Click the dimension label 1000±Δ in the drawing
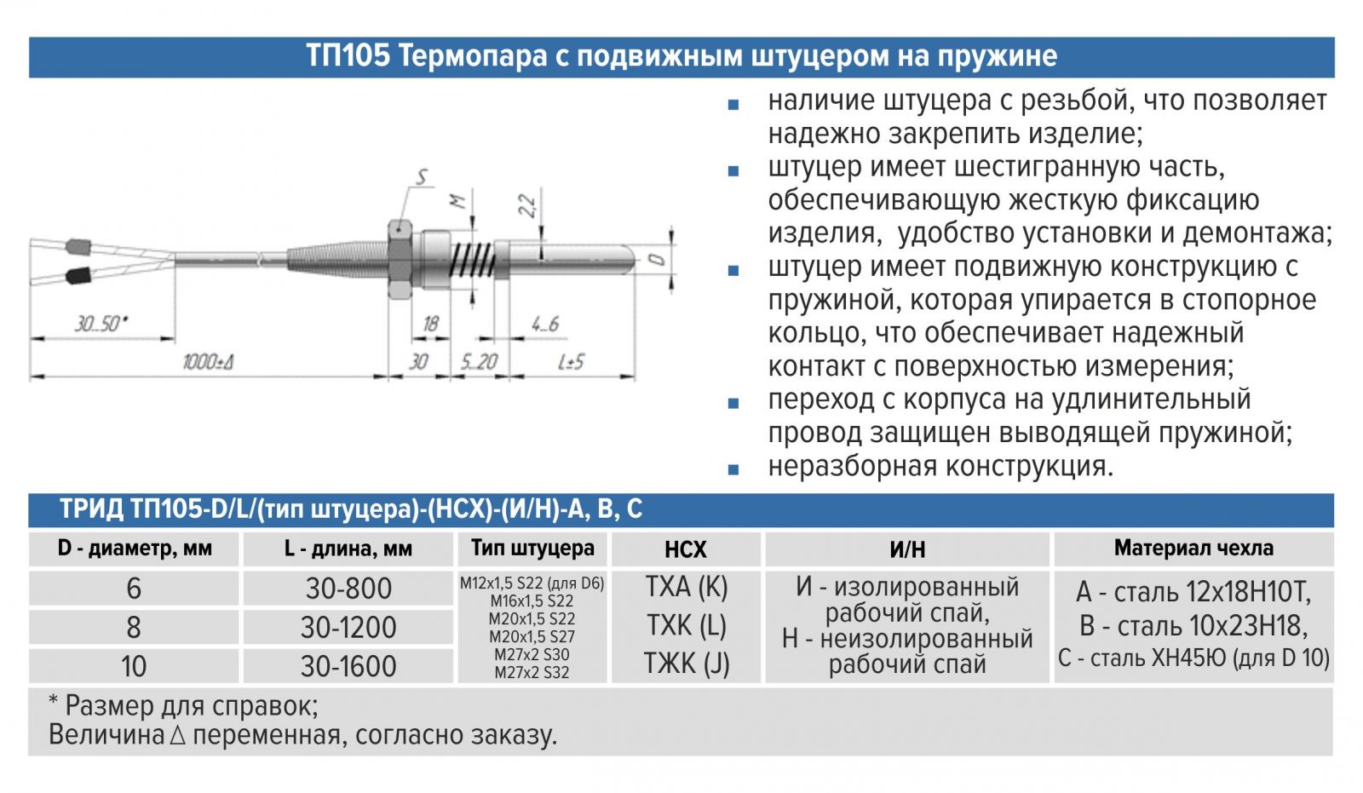pyautogui.click(x=208, y=362)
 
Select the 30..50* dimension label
pyautogui.click(x=101, y=324)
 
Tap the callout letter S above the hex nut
pyautogui.click(x=422, y=177)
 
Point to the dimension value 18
pyautogui.click(x=431, y=324)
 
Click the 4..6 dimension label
pyautogui.click(x=545, y=324)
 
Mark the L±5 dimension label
pyautogui.click(x=572, y=362)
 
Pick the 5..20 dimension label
pyautogui.click(x=479, y=362)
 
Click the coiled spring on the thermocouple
pyautogui.click(x=473, y=258)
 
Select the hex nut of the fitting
pyautogui.click(x=400, y=259)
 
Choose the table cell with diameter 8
pyautogui.click(x=134, y=628)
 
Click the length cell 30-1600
pyautogui.click(x=348, y=666)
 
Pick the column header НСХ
pyautogui.click(x=686, y=549)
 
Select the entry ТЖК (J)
pyautogui.click(x=687, y=664)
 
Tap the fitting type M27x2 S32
pyautogui.click(x=532, y=673)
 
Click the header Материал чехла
pyautogui.click(x=1193, y=549)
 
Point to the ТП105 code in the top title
pyautogui.click(x=348, y=56)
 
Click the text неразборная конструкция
pyautogui.click(x=940, y=467)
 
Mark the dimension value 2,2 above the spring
pyautogui.click(x=527, y=205)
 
